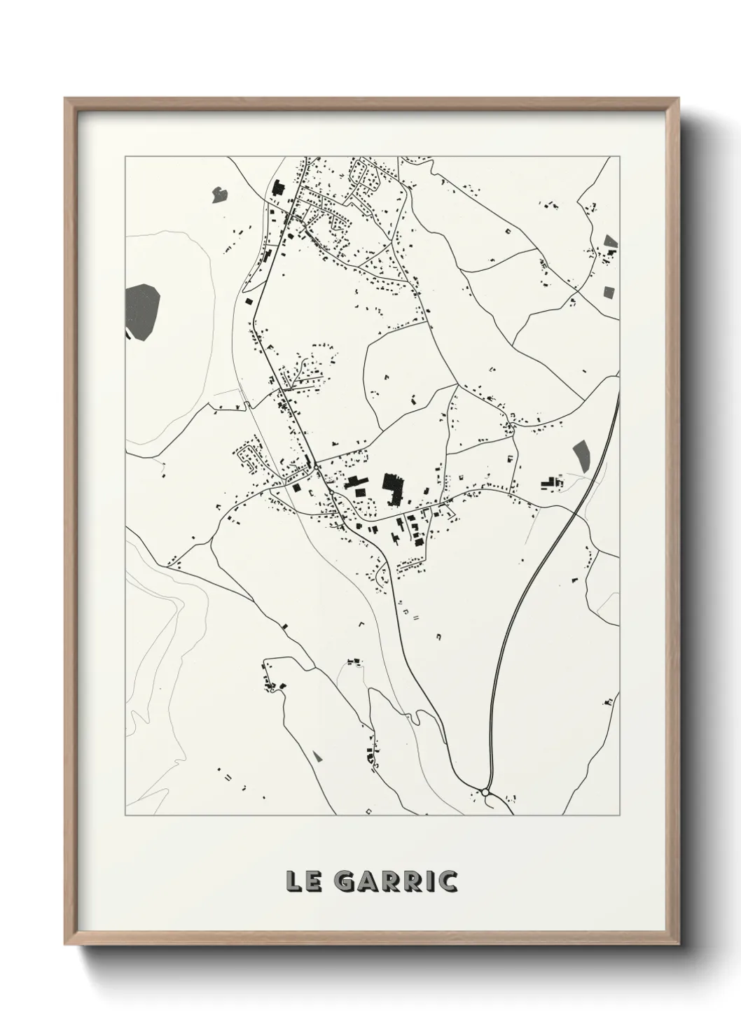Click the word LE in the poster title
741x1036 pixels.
303,881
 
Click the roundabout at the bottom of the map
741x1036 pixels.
485,792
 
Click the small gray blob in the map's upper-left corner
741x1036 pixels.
220,192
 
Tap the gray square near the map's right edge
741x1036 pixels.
608,291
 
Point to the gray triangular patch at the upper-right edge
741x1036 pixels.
611,241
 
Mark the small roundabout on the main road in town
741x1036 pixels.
317,467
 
